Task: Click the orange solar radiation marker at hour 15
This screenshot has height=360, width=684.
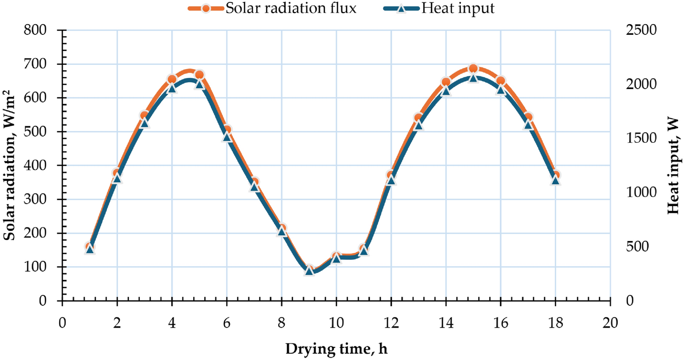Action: tap(473, 69)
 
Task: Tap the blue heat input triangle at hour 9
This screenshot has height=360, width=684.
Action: tap(309, 271)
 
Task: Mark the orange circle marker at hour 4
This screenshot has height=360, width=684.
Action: tap(172, 79)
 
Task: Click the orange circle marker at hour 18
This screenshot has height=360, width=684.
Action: tap(556, 175)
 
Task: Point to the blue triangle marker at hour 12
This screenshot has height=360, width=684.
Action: tap(391, 180)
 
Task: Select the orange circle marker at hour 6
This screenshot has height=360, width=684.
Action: tap(227, 130)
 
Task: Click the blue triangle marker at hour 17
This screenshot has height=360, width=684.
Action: tap(528, 125)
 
